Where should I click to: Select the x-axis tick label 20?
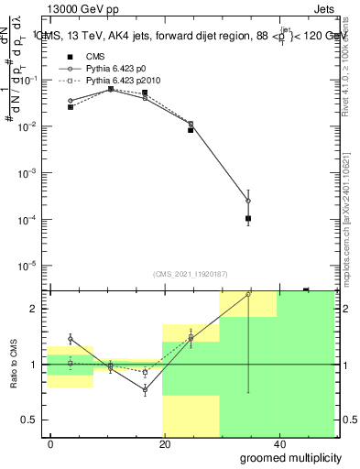click(x=164, y=443)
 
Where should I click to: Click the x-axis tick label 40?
click(x=278, y=443)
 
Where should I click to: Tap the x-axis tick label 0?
click(x=50, y=443)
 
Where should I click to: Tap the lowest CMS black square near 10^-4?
click(x=248, y=218)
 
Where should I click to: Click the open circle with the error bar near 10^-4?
click(x=248, y=201)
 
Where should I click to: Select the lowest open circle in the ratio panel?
click(x=145, y=389)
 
